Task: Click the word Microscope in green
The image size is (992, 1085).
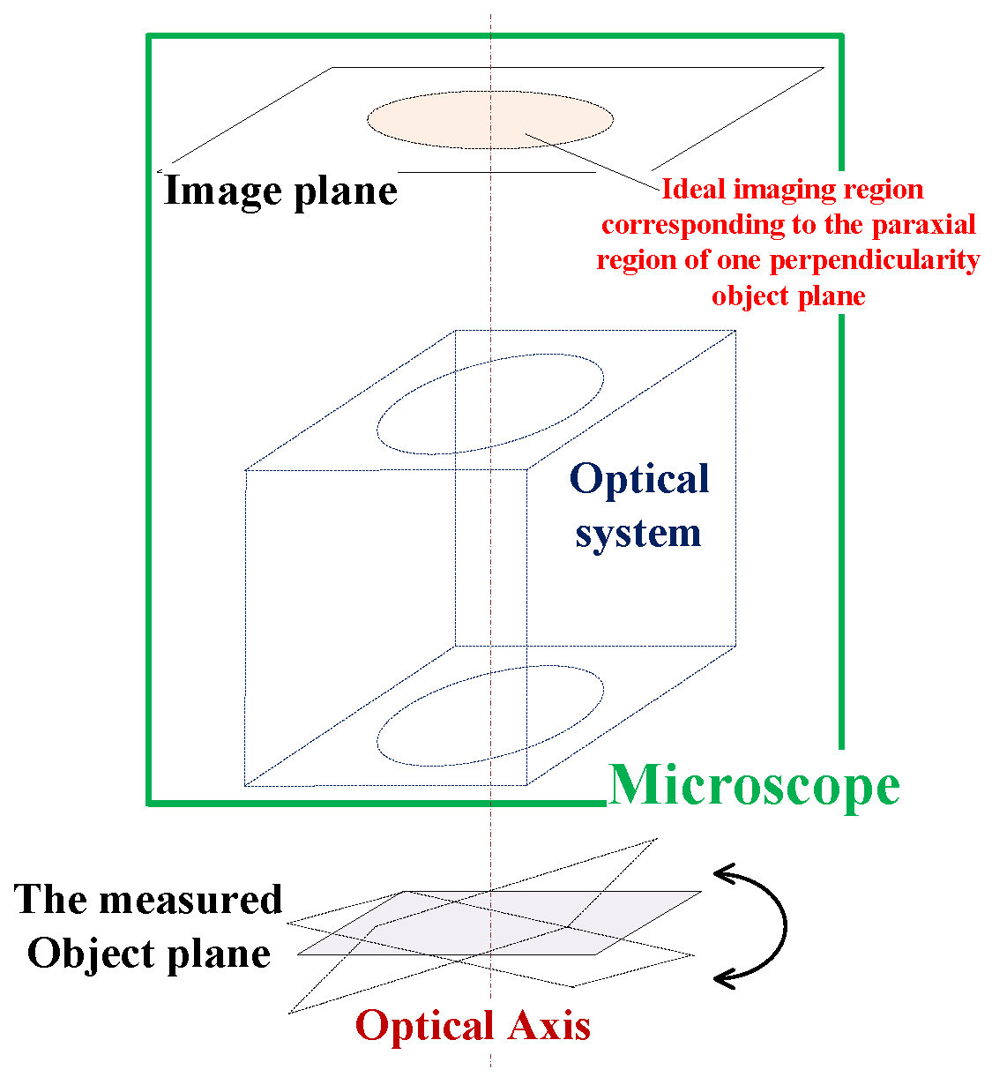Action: click(754, 785)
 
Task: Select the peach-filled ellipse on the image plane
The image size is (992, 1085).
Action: click(489, 119)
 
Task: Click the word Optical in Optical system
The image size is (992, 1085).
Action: click(639, 479)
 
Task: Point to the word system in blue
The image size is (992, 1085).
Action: click(638, 533)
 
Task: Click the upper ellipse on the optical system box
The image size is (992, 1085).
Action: click(490, 404)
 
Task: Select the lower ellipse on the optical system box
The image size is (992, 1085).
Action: click(490, 716)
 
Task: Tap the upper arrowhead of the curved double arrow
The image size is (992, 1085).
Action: click(725, 874)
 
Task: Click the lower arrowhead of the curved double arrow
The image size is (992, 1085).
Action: click(725, 976)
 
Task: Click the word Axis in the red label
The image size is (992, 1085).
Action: click(548, 1026)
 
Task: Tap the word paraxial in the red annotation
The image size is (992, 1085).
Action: click(924, 225)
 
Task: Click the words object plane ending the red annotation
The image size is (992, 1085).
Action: click(788, 296)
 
